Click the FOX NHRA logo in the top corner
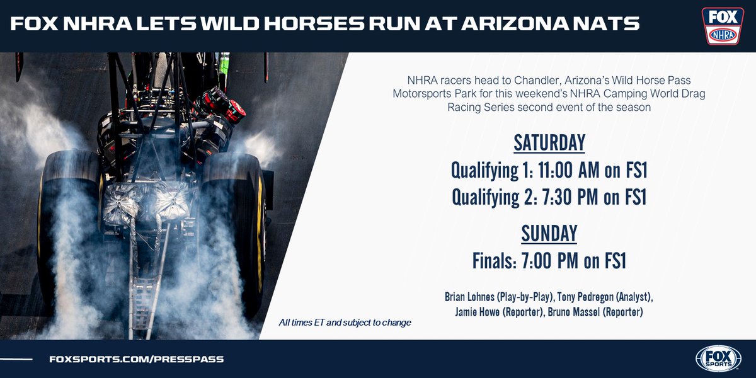[723, 26]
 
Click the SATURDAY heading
[549, 143]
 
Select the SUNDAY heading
[549, 233]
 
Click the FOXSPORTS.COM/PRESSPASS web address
[137, 359]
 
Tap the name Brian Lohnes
[472, 296]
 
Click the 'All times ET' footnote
[345, 323]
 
